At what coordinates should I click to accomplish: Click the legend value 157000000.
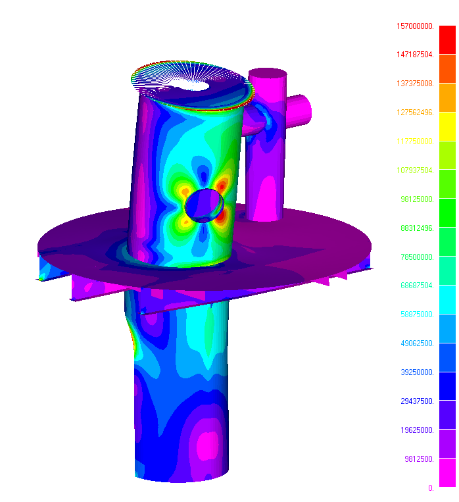[415, 26]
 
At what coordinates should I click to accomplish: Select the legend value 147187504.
[415, 55]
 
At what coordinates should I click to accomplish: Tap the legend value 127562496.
[415, 113]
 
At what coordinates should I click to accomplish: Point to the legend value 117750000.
[415, 141]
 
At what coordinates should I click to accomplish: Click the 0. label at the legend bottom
[431, 488]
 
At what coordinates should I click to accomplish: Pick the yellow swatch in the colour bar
[447, 132]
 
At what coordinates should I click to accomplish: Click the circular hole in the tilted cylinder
[205, 205]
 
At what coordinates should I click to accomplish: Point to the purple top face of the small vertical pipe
[267, 74]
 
